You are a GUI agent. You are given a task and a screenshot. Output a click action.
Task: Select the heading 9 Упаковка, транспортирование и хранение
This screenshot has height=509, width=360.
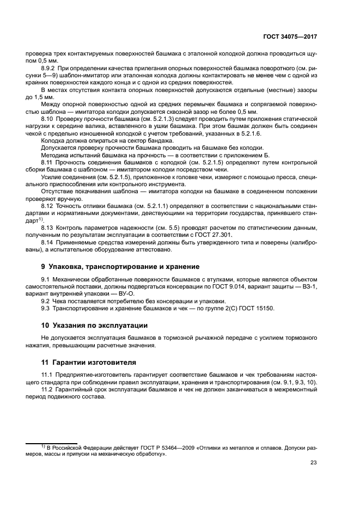click(x=113, y=267)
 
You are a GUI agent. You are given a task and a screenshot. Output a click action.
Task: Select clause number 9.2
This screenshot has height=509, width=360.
click(x=46, y=301)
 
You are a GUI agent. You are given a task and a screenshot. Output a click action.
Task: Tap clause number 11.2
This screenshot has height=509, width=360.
click(x=48, y=390)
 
